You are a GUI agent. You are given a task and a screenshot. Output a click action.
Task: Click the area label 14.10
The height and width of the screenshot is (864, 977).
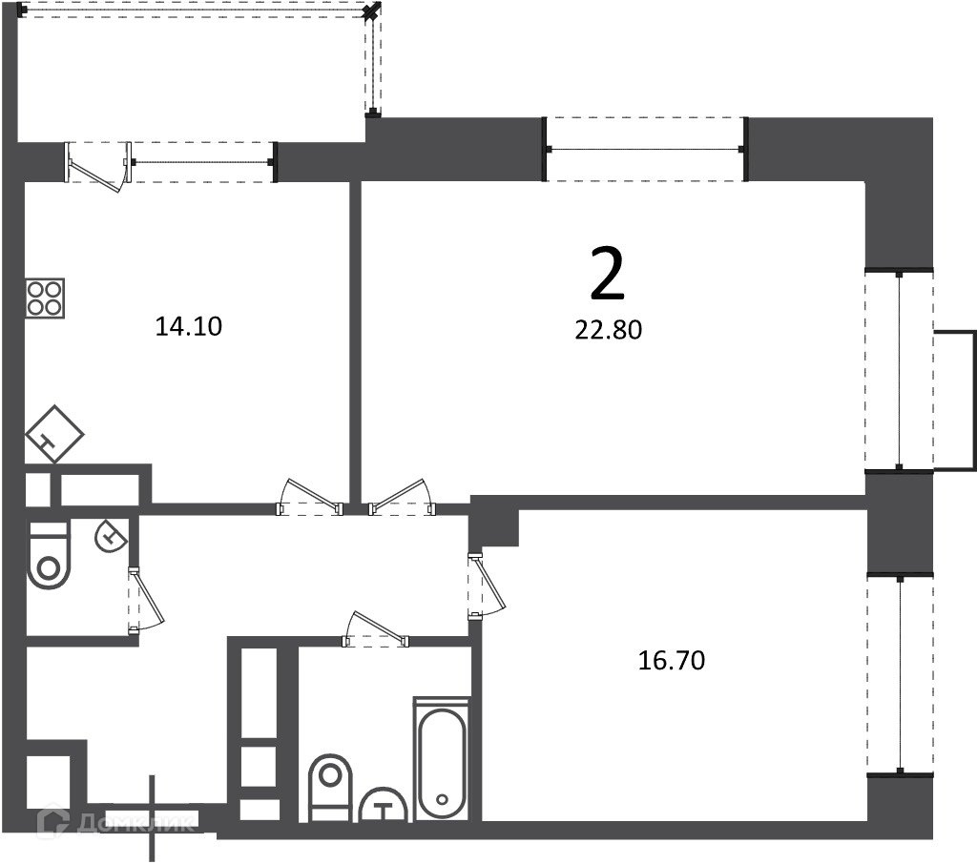(188, 326)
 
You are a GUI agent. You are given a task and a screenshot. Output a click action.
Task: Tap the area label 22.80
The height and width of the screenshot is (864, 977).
(608, 330)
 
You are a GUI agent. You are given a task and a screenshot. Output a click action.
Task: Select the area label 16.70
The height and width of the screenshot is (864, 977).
(672, 660)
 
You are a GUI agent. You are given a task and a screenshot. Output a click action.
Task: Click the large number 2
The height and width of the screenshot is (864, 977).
(607, 273)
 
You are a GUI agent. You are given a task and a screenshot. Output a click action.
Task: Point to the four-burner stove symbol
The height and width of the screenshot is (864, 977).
(45, 299)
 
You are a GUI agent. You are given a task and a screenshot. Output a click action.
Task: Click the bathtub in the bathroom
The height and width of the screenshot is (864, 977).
(442, 759)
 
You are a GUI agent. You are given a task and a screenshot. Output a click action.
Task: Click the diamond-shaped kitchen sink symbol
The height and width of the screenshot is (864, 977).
(54, 434)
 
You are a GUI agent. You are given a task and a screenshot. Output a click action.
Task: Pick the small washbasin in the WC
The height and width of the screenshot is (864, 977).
(111, 536)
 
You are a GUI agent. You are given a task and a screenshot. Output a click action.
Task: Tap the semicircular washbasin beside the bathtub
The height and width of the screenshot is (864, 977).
(384, 806)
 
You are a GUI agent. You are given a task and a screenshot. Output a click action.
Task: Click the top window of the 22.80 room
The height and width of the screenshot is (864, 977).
(646, 149)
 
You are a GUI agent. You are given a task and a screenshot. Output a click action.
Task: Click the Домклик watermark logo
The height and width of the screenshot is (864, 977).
(115, 822)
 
